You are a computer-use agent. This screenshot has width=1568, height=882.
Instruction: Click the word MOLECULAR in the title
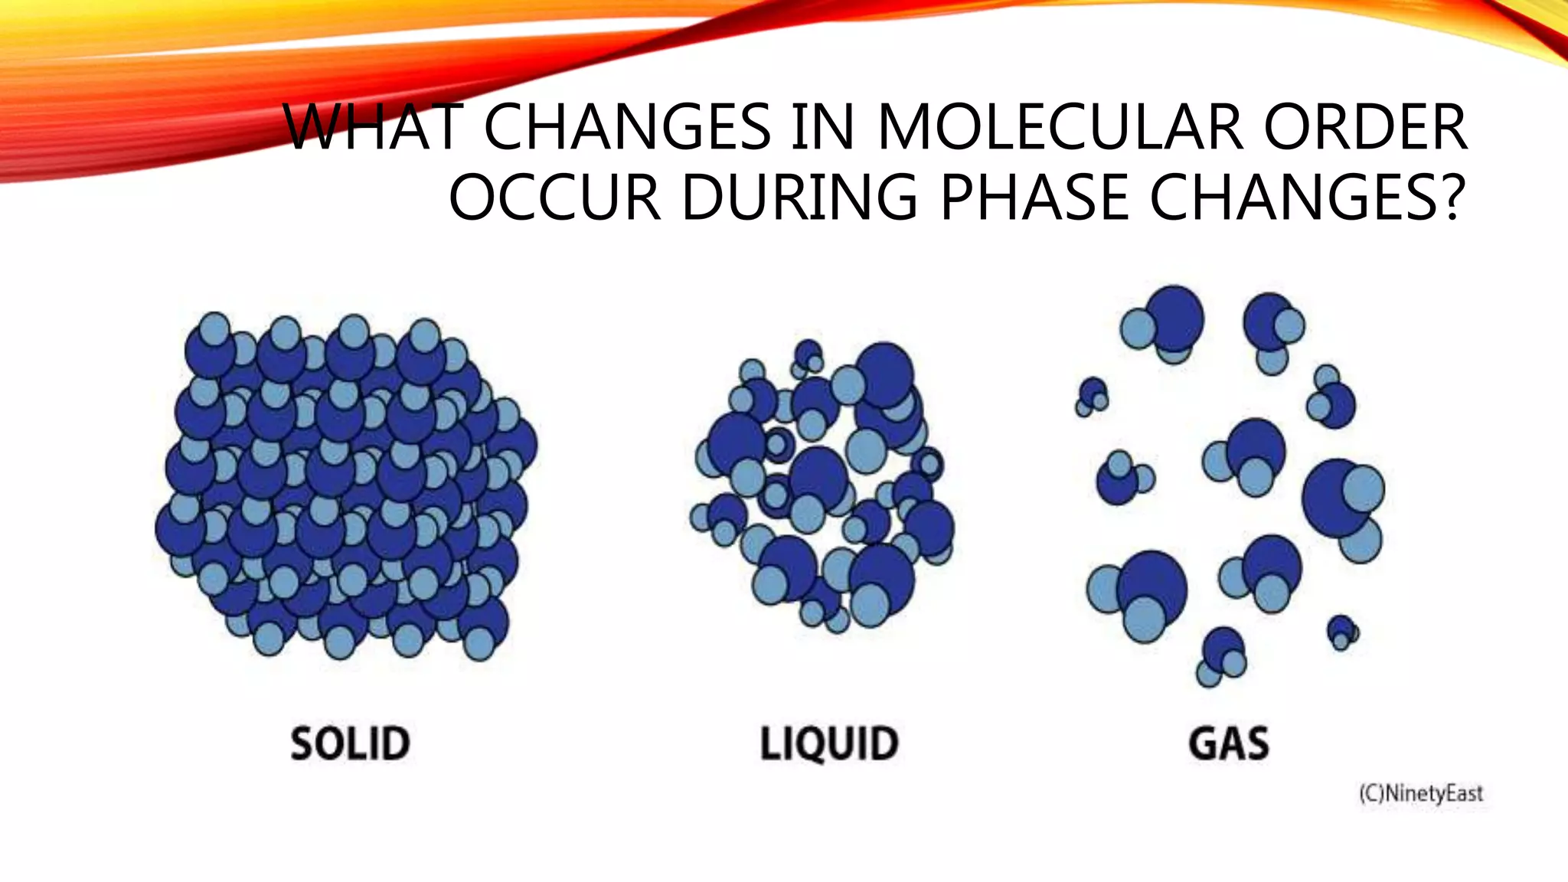tap(1060, 127)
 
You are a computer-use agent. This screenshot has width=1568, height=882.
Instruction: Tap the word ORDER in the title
tap(1365, 127)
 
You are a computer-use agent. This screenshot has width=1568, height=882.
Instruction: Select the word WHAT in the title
tap(374, 127)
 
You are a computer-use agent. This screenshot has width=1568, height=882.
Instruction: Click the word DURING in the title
tap(799, 198)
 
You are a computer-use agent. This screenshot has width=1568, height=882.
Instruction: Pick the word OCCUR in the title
tap(555, 198)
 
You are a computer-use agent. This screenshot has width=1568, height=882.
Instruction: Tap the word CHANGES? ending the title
tap(1308, 198)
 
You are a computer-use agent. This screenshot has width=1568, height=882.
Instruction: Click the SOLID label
tap(351, 743)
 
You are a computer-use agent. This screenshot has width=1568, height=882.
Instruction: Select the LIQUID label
tap(829, 743)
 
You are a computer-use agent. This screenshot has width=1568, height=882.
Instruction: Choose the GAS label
tap(1229, 743)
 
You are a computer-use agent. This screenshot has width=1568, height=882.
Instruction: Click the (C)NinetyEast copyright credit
tap(1421, 793)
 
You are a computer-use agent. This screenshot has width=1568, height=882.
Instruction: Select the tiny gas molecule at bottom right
tap(1342, 632)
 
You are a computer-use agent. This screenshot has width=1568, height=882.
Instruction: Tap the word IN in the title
tap(822, 127)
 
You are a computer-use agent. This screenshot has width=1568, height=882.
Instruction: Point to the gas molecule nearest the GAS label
tap(1223, 655)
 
